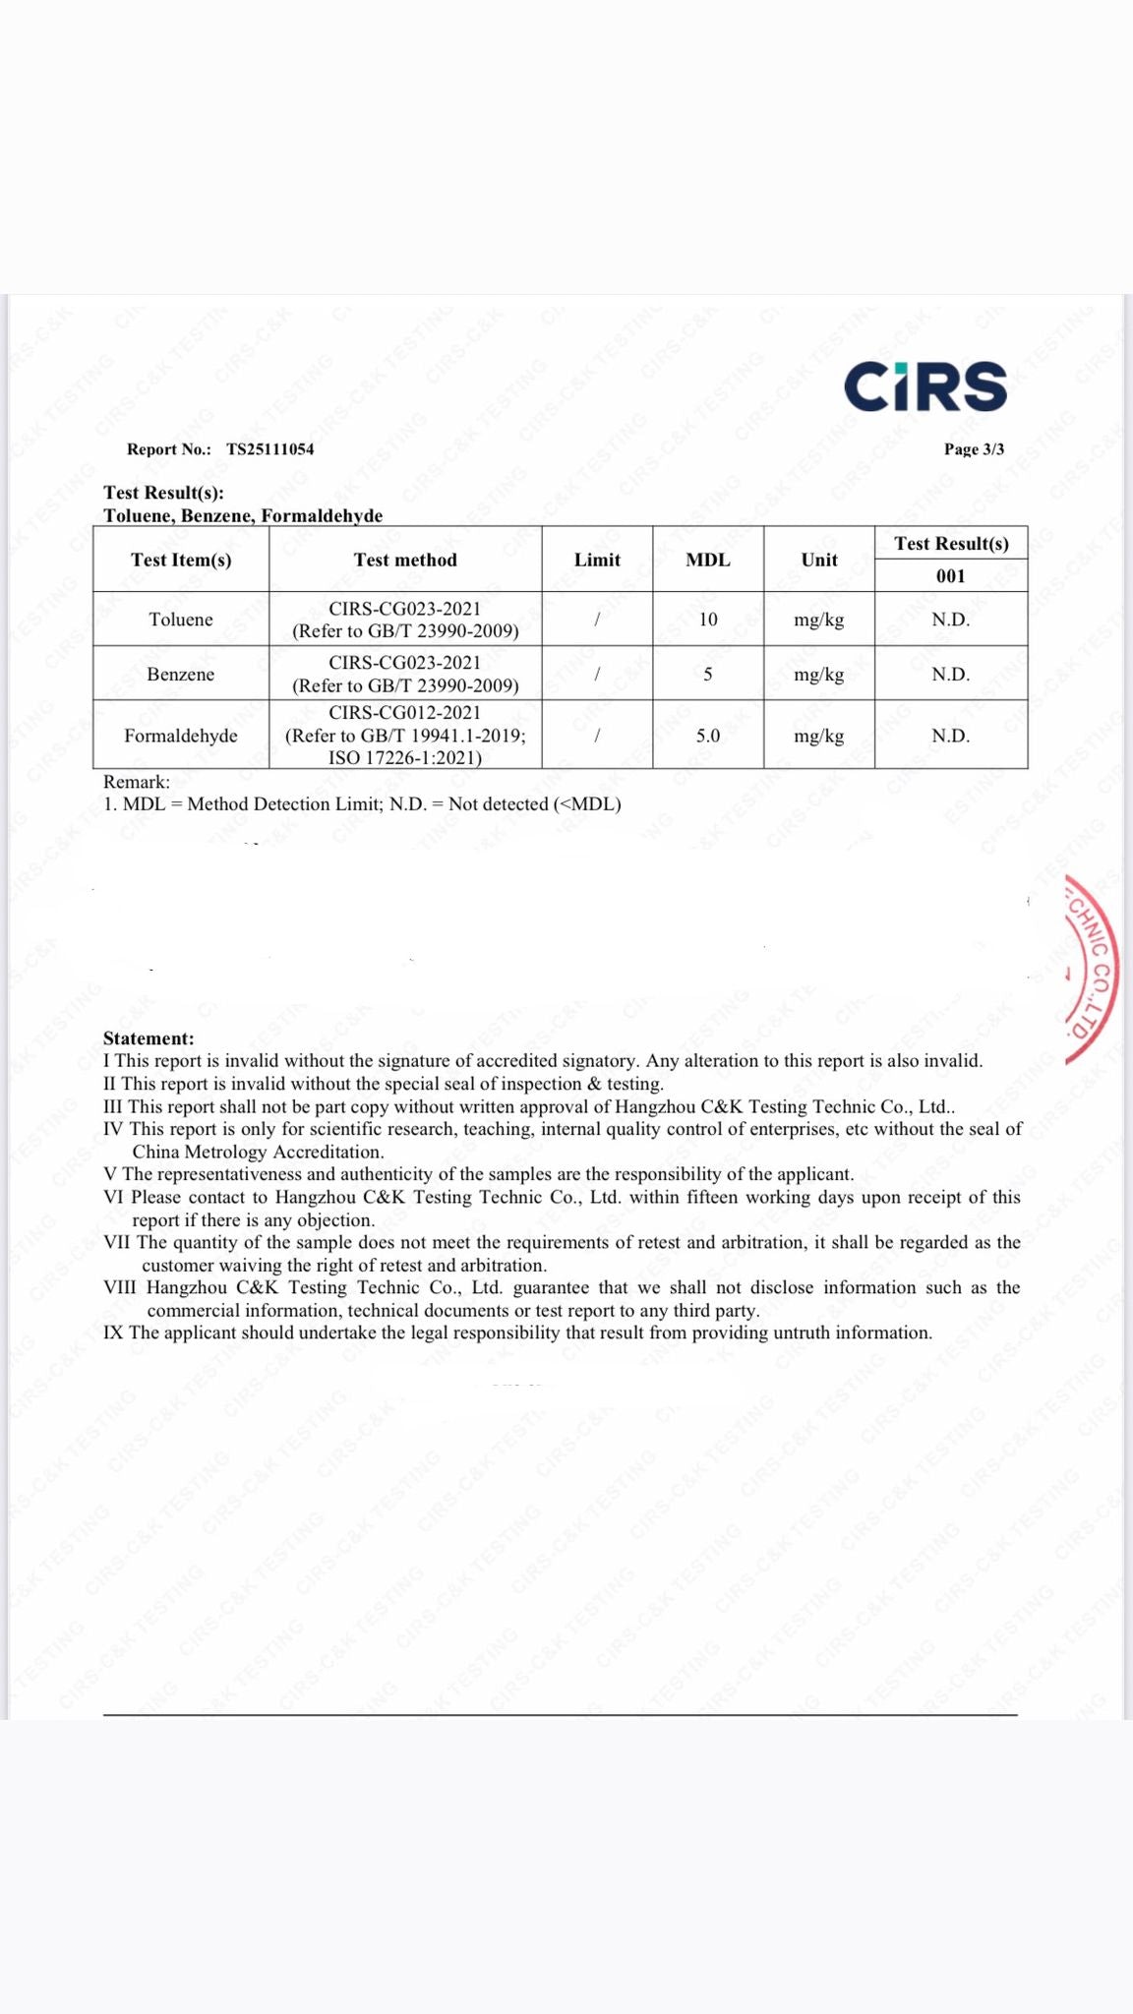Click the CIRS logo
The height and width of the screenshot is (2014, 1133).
(924, 385)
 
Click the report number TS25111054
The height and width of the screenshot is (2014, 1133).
(270, 449)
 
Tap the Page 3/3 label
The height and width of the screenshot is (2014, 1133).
(974, 449)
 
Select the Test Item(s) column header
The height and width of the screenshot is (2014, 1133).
(181, 560)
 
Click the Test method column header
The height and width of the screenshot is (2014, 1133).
(405, 560)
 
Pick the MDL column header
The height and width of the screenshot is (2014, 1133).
(708, 560)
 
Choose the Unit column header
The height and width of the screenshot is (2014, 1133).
(819, 560)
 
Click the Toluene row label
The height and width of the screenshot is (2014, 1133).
(181, 620)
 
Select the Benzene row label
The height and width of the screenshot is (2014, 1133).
(181, 675)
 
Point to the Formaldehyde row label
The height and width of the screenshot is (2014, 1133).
(181, 736)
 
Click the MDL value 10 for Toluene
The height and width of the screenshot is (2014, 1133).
(708, 620)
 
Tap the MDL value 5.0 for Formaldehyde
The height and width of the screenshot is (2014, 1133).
(708, 736)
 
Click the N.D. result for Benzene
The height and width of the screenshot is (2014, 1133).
(951, 675)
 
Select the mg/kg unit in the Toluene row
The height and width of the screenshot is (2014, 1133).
(819, 620)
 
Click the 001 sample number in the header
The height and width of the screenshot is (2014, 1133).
(951, 576)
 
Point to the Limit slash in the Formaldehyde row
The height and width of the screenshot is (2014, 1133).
(597, 736)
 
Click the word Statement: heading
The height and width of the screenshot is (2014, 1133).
(149, 1038)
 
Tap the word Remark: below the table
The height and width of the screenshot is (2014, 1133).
(137, 782)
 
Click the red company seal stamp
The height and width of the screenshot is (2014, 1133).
(1094, 969)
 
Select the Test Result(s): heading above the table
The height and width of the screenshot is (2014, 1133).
(163, 493)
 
